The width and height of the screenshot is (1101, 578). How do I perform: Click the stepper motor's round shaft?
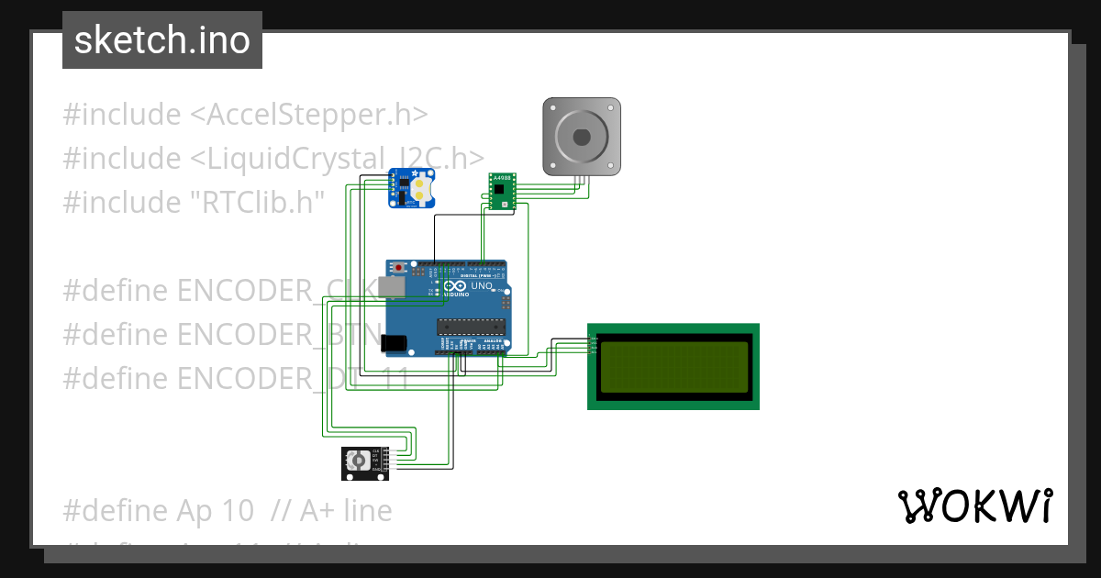pos(582,137)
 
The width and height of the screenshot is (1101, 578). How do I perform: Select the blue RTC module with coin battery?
pos(412,188)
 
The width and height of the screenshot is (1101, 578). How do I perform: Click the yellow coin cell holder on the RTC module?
pos(420,189)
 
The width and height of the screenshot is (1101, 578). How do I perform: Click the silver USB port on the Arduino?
pos(393,286)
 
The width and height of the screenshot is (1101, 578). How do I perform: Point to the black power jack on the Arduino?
pos(393,344)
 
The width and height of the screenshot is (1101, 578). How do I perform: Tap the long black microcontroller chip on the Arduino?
pos(471,325)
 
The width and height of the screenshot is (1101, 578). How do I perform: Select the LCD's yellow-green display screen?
pos(673,366)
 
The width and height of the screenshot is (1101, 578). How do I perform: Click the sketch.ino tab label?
pos(162,40)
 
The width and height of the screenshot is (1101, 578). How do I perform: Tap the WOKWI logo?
pos(974,506)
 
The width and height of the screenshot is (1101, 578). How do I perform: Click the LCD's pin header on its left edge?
pos(592,345)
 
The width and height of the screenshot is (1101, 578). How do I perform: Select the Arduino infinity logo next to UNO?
pos(454,286)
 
